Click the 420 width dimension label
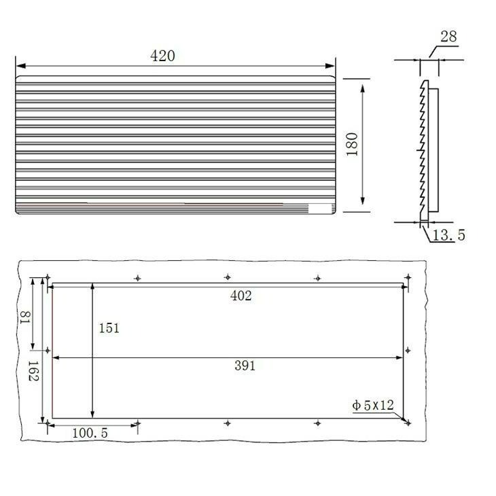[x=162, y=56]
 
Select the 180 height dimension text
[x=352, y=144]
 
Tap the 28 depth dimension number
[x=448, y=37]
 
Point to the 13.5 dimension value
[x=448, y=235]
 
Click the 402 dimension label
[x=241, y=296]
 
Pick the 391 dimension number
[x=245, y=366]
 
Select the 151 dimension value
[x=109, y=327]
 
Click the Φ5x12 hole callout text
[x=373, y=406]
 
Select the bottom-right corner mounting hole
[x=408, y=423]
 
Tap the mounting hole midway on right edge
[x=408, y=350]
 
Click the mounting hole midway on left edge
[x=47, y=351]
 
